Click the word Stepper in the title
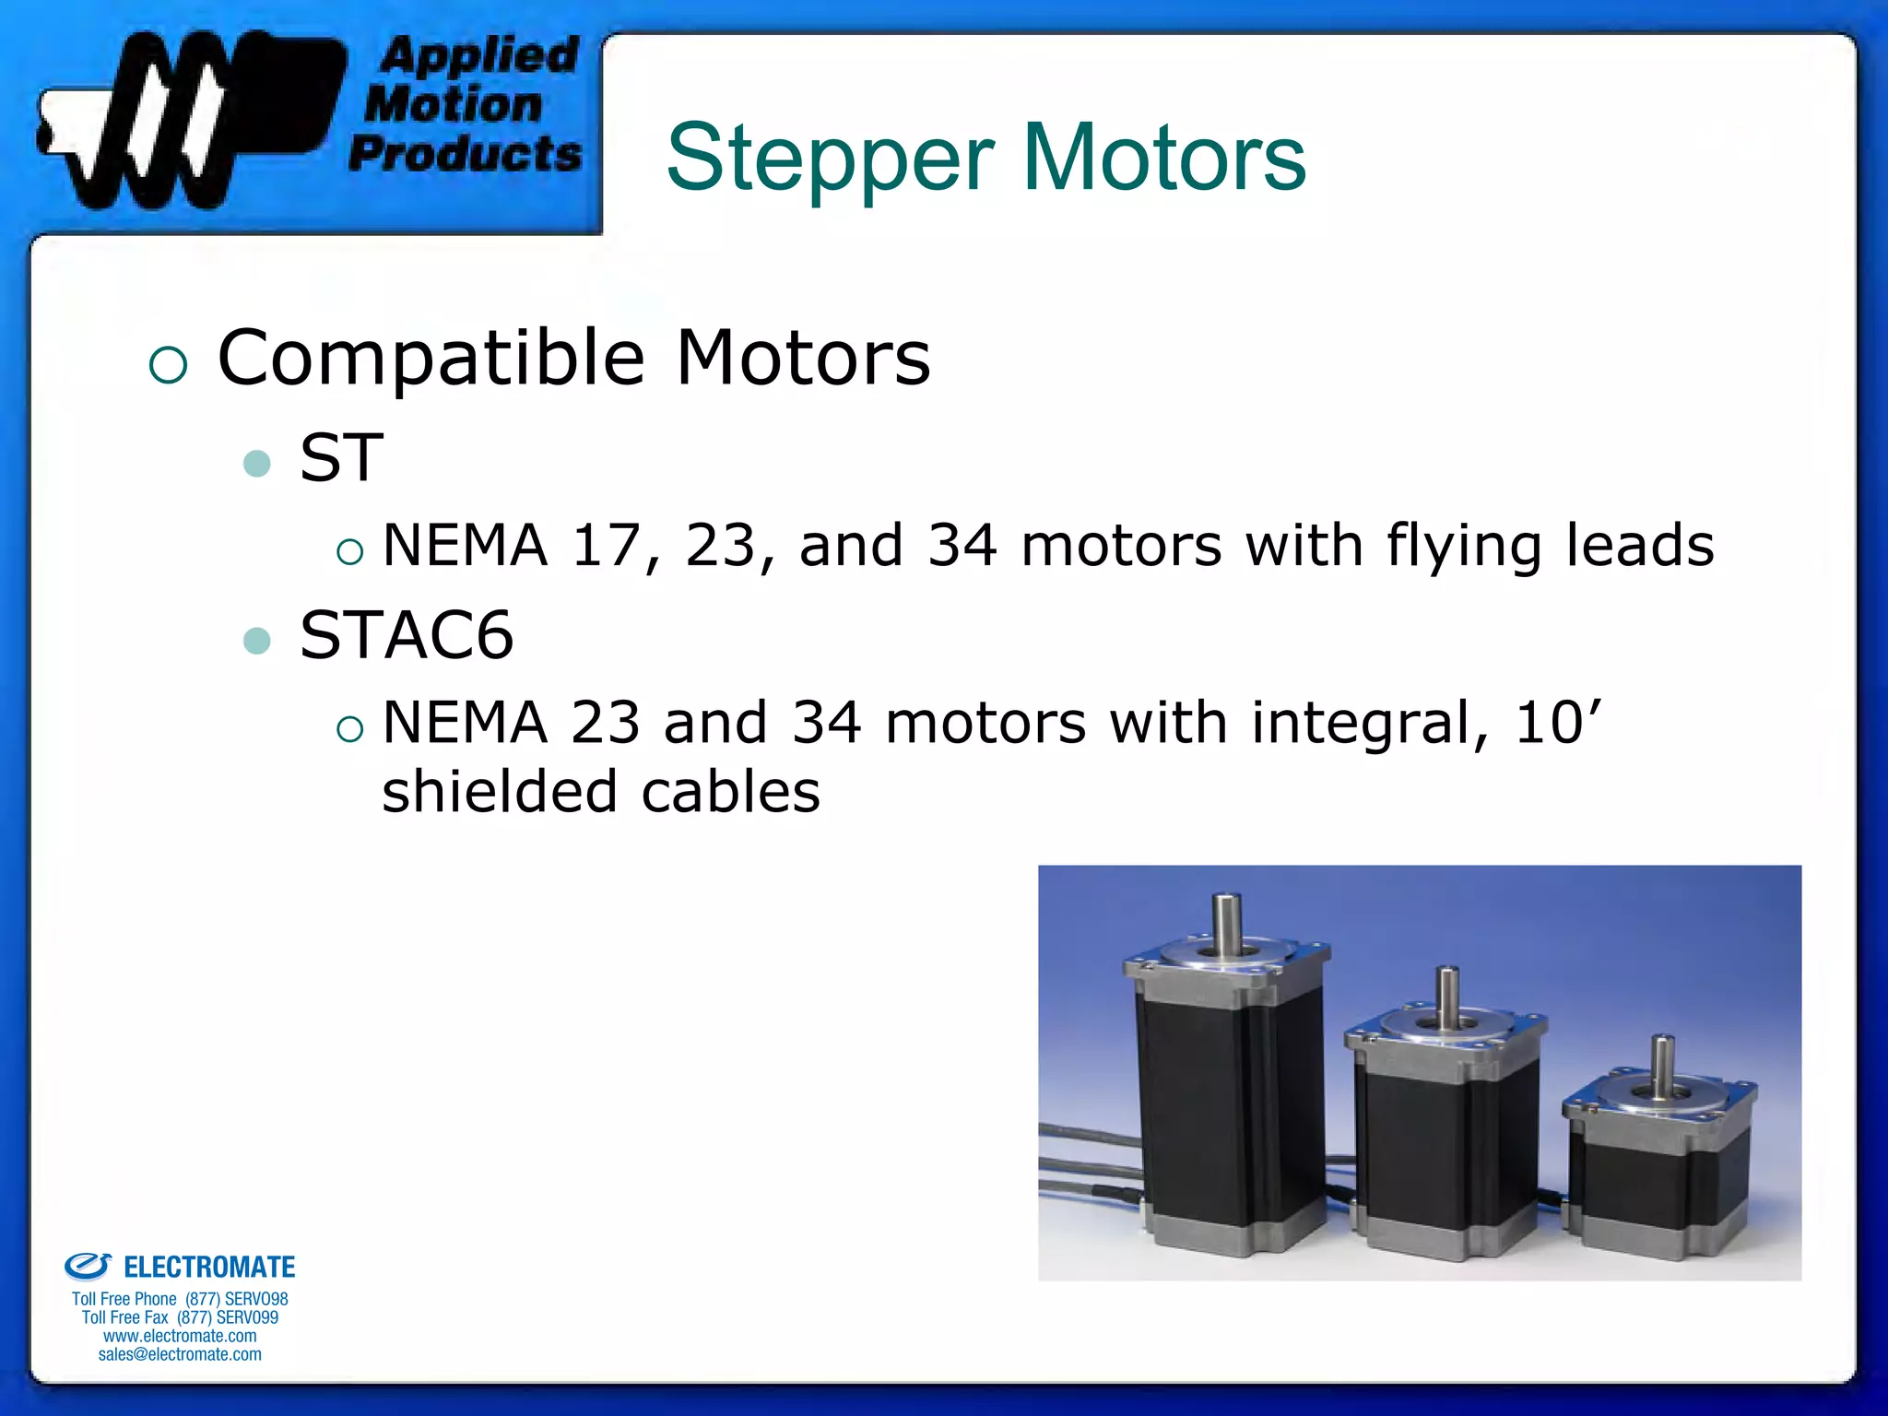830,159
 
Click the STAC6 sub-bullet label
406,635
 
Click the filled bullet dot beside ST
257,463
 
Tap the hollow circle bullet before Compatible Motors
168,365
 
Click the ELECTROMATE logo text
208,1268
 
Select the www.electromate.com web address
180,1336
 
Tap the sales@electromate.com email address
180,1354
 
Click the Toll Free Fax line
180,1317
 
